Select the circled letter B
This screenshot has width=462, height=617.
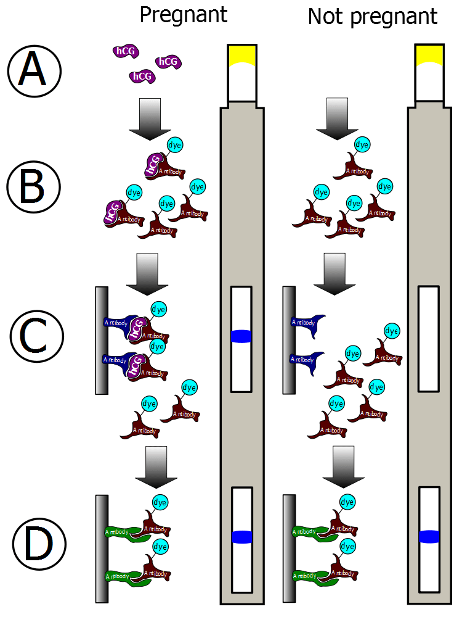point(33,186)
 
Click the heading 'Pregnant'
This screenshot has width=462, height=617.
point(184,15)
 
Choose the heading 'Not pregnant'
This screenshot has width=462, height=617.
point(372,17)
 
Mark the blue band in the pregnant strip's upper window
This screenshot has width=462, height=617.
point(241,336)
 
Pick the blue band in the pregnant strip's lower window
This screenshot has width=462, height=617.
point(242,537)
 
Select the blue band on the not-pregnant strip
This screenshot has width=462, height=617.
point(429,537)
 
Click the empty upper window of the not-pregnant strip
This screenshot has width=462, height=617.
point(429,339)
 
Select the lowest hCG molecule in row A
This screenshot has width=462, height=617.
point(141,77)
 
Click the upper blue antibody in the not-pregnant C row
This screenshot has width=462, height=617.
point(307,322)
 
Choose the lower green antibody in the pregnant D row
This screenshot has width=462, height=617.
point(126,578)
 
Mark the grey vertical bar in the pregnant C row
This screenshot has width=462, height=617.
point(102,339)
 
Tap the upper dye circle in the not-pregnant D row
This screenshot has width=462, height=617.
point(347,502)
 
